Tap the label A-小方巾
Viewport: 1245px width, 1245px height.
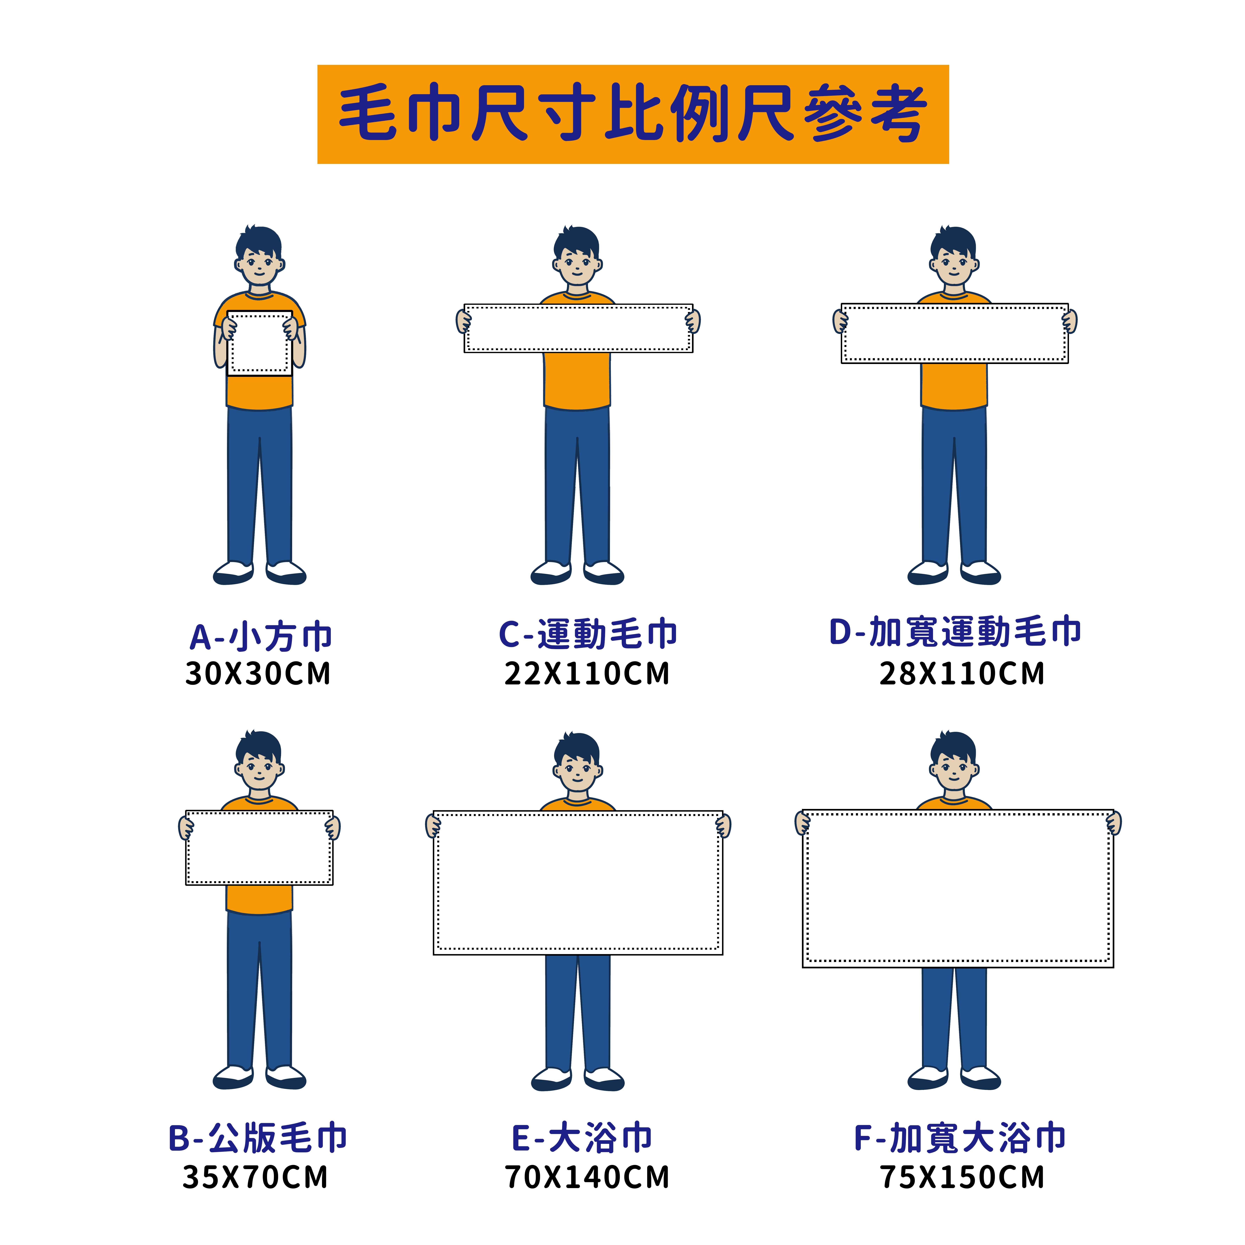click(260, 637)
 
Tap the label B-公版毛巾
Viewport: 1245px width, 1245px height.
click(258, 1139)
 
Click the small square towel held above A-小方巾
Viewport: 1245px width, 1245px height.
click(259, 343)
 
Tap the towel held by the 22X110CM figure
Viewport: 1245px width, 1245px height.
click(578, 329)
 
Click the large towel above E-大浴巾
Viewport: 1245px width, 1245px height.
click(578, 883)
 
